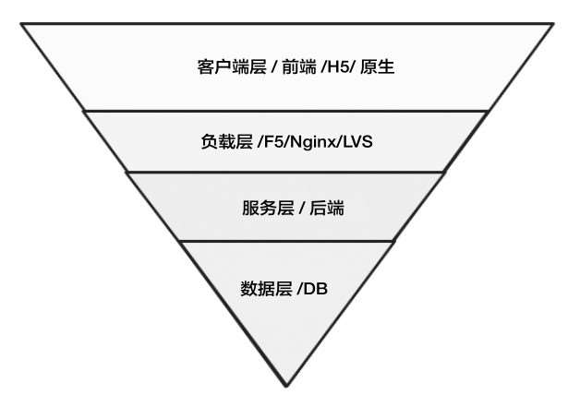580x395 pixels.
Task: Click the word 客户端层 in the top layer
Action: tap(226, 67)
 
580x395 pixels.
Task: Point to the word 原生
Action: tap(379, 67)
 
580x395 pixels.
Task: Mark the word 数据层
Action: tap(261, 289)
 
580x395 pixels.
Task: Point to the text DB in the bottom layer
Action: tap(316, 289)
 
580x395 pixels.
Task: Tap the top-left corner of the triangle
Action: tap(21, 24)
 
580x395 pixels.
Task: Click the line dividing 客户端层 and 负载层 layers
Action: tap(286, 111)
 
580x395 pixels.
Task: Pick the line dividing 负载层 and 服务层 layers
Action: tap(286, 172)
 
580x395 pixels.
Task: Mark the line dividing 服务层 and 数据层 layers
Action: tap(286, 242)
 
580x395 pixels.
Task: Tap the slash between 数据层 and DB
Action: tap(298, 289)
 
